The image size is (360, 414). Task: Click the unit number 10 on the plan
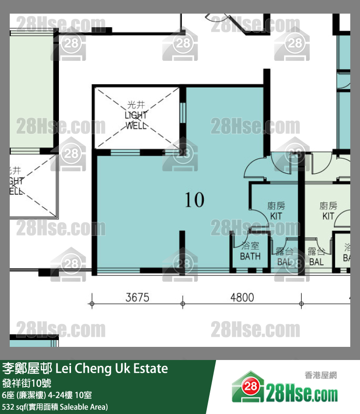195,200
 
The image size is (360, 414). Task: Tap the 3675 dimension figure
137,297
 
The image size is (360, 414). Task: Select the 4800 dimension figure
242,297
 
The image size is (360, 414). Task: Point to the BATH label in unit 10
250,256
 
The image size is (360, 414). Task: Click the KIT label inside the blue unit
276,215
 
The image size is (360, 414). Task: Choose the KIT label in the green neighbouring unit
328,215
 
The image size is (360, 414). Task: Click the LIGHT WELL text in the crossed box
136,120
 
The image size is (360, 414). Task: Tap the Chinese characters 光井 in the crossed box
136,105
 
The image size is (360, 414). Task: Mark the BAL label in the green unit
316,261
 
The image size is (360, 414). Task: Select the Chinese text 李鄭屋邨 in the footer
27,369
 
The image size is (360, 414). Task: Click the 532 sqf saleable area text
55,407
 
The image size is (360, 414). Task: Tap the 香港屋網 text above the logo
321,375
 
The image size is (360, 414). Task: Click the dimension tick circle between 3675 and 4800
182,304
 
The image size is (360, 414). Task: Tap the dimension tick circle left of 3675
91,304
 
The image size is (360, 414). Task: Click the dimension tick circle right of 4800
302,304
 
